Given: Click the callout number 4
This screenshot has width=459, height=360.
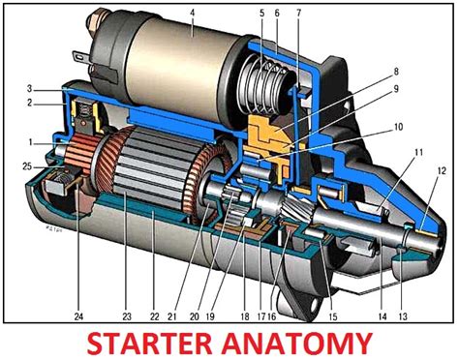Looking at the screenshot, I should (x=194, y=12).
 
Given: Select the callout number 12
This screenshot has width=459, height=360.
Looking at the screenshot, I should (x=441, y=171).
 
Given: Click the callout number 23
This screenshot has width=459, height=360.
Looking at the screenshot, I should (x=126, y=314).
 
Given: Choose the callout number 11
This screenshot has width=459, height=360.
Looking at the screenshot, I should (x=417, y=153).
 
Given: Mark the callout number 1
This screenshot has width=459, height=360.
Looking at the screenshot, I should (x=30, y=145).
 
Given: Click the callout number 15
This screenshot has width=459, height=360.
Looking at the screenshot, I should (x=333, y=314).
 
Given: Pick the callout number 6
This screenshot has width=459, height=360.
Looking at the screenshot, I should (x=277, y=12).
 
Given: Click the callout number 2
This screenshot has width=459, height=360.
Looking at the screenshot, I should (x=30, y=102).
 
